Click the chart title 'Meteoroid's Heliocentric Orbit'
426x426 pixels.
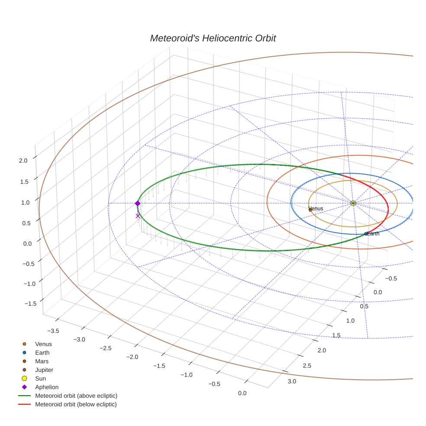click(213, 38)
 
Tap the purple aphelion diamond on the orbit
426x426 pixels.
click(138, 203)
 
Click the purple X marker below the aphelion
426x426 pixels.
click(138, 216)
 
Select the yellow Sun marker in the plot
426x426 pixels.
click(353, 203)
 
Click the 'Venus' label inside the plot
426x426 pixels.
click(316, 209)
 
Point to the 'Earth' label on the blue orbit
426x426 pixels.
click(373, 234)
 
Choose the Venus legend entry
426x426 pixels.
click(43, 344)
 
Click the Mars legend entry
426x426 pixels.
click(42, 361)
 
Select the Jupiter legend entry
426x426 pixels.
click(44, 370)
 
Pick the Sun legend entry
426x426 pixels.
click(40, 378)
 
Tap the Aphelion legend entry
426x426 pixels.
click(46, 387)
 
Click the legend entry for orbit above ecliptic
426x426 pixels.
click(76, 396)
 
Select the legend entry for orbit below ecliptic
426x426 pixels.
click(76, 404)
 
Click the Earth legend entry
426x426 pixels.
click(42, 353)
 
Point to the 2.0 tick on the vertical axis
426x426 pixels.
click(23, 161)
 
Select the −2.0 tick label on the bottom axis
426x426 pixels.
click(132, 357)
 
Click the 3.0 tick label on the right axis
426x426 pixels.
click(292, 381)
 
